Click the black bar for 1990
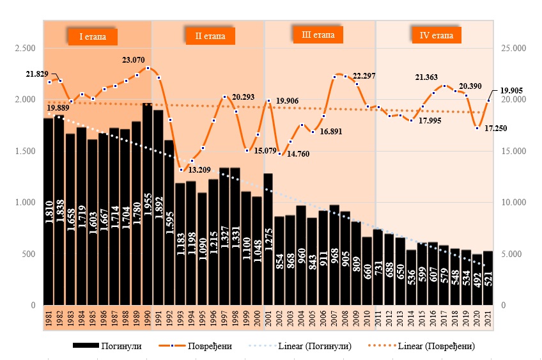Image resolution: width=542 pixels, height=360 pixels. coord(147,205)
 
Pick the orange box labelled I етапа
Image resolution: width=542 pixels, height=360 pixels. coord(93,36)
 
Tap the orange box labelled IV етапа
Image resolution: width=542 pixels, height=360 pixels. coord(437,35)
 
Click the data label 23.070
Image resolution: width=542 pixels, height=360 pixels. coord(133,60)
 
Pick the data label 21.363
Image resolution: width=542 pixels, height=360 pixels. coord(426,77)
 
